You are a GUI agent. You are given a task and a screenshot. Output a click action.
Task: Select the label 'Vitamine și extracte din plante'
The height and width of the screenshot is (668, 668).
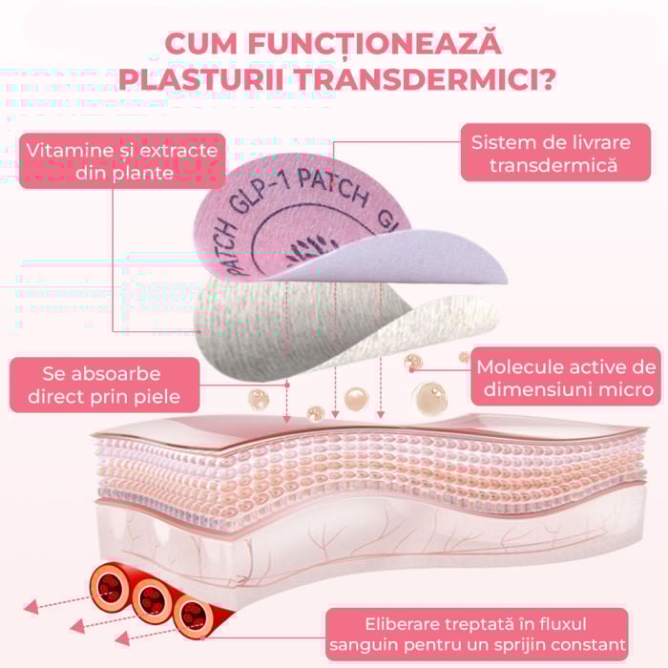(121, 160)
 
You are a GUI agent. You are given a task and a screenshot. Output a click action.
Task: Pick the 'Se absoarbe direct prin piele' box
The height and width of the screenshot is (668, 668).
(101, 385)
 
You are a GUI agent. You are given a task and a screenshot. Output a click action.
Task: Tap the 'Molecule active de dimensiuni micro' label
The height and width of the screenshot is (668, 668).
(567, 378)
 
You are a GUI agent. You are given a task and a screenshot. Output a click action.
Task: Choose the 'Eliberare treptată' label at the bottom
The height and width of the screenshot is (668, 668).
(477, 634)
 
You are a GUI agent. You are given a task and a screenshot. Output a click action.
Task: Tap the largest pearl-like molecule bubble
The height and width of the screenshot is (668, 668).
(428, 395)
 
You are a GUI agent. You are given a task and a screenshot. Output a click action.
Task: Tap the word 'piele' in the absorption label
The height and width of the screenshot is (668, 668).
(164, 396)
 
